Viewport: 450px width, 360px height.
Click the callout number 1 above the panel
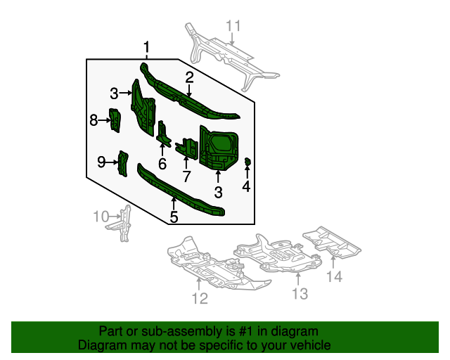pyautogui.click(x=146, y=48)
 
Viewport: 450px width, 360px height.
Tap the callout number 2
pyautogui.click(x=190, y=77)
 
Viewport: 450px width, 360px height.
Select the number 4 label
pyautogui.click(x=246, y=186)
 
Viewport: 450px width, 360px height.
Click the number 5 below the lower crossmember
pyautogui.click(x=174, y=217)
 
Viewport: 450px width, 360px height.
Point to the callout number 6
pyautogui.click(x=162, y=164)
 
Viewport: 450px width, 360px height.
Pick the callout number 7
pyautogui.click(x=186, y=176)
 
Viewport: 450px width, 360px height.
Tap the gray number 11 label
pyautogui.click(x=233, y=27)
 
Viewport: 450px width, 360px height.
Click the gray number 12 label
pyautogui.click(x=200, y=300)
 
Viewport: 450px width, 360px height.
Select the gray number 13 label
pyautogui.click(x=300, y=294)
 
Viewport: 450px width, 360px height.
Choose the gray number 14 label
pyautogui.click(x=333, y=277)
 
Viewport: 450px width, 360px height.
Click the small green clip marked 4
pyautogui.click(x=247, y=163)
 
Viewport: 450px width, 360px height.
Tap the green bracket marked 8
pyautogui.click(x=114, y=120)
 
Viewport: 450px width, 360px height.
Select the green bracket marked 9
pyautogui.click(x=122, y=163)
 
